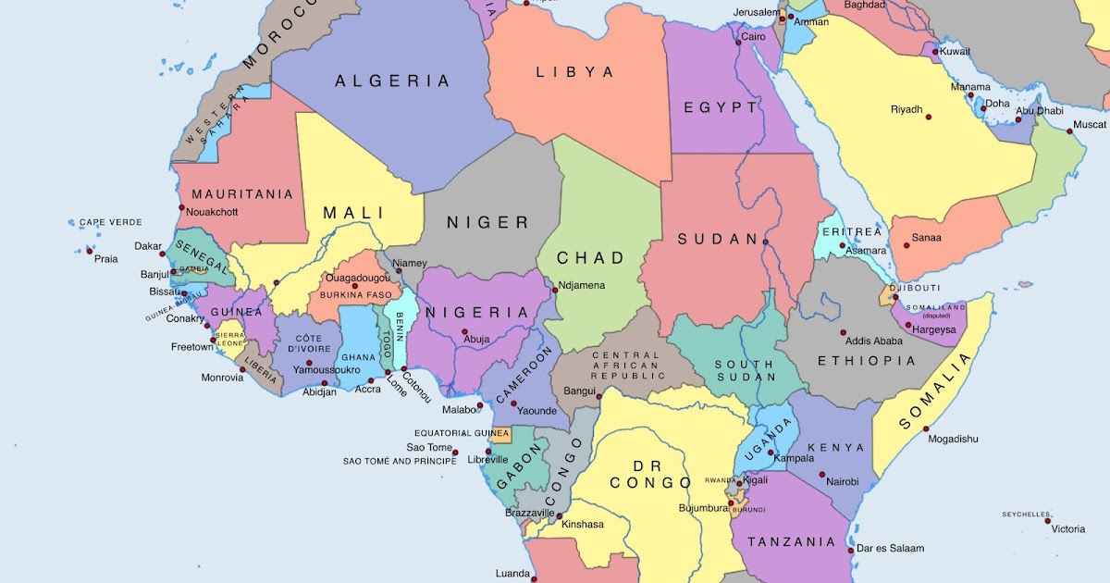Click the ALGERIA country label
[x=392, y=81]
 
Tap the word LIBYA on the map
[x=574, y=72]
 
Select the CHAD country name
[x=590, y=257]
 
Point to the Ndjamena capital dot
[x=555, y=291]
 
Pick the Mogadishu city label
[x=952, y=439]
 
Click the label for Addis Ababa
[x=873, y=341]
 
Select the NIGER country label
[x=487, y=222]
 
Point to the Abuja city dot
[x=465, y=332]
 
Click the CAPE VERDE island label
[x=110, y=223]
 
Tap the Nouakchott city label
[x=212, y=212]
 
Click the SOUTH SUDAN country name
[x=744, y=370]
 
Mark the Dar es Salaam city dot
[x=850, y=549]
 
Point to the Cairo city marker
[x=738, y=42]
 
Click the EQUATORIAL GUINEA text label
[x=461, y=433]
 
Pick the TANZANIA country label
[x=791, y=542]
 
